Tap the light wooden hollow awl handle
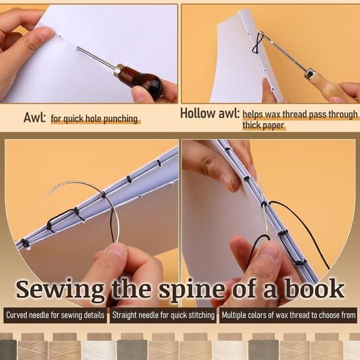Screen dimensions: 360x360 (x=326, y=84)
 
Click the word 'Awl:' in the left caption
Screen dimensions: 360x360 (x=34, y=118)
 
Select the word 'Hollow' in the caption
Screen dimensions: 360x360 (x=198, y=113)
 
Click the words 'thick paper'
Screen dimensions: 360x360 (x=263, y=126)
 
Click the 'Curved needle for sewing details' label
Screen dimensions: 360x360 (x=55, y=315)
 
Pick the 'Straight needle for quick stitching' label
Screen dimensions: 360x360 (x=163, y=315)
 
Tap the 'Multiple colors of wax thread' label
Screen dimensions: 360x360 (x=288, y=315)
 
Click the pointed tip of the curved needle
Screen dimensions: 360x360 (x=47, y=194)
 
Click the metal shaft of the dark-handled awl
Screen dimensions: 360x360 (x=96, y=58)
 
